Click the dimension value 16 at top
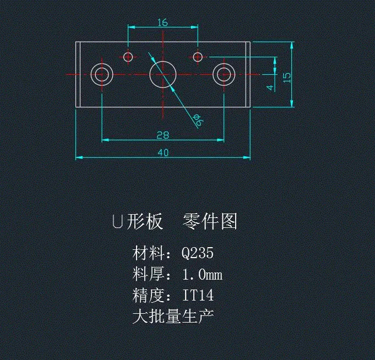tap(162, 23)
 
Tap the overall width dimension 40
tap(163, 152)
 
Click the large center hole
tap(163, 74)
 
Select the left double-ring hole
tap(102, 74)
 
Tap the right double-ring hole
tap(224, 74)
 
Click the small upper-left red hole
tap(128, 56)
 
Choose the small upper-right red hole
tap(198, 56)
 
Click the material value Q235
tap(198, 253)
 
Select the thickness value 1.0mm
tap(202, 274)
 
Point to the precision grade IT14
tap(198, 296)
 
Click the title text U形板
tap(137, 221)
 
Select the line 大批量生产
tap(173, 317)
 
